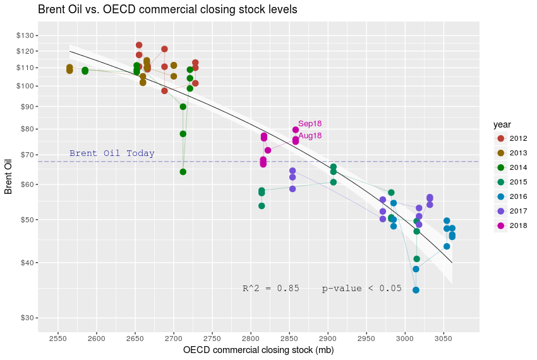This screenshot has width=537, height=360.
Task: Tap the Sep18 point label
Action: coord(310,124)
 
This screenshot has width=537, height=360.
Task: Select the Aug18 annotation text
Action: coord(310,136)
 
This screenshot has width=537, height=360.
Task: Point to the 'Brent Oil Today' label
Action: coord(112,153)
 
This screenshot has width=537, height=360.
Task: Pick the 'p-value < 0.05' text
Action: coord(361,289)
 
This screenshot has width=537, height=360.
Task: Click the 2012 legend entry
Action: coord(517,138)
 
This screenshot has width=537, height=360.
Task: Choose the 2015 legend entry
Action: coord(517,182)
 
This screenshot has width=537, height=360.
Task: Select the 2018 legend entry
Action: coord(517,225)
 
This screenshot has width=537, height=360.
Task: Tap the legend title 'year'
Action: coord(503,124)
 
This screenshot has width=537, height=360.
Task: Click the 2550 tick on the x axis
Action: coord(58,339)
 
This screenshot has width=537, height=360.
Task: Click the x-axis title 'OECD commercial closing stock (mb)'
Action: coord(258,350)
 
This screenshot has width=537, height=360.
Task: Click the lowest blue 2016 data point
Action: coord(416,290)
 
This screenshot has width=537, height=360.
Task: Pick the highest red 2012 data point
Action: coord(139,45)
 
